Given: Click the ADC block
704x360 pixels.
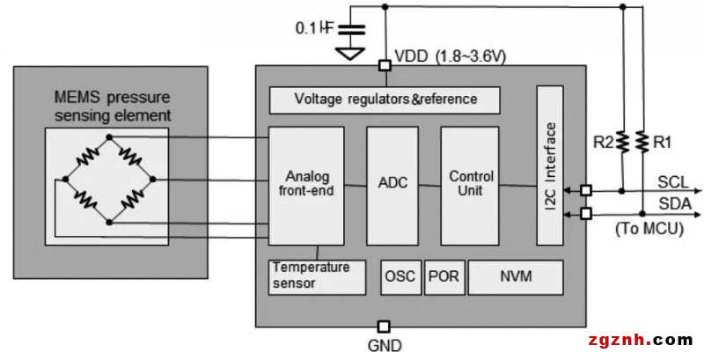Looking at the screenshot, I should (x=392, y=185).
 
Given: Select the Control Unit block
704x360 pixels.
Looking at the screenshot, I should (x=470, y=185).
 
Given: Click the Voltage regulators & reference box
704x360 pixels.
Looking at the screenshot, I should (x=385, y=99).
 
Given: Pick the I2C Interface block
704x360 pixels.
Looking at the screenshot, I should (x=550, y=165).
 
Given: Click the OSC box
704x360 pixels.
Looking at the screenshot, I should (x=400, y=277).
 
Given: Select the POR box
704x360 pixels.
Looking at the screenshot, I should (x=444, y=277).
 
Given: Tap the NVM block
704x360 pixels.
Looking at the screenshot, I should (x=516, y=277).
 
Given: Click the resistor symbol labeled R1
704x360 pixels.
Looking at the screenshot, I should (x=642, y=141).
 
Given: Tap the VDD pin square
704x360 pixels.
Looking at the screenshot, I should (x=385, y=65).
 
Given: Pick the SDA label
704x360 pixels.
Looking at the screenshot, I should (x=673, y=204).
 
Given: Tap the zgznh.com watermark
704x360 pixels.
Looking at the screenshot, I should (x=639, y=340).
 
